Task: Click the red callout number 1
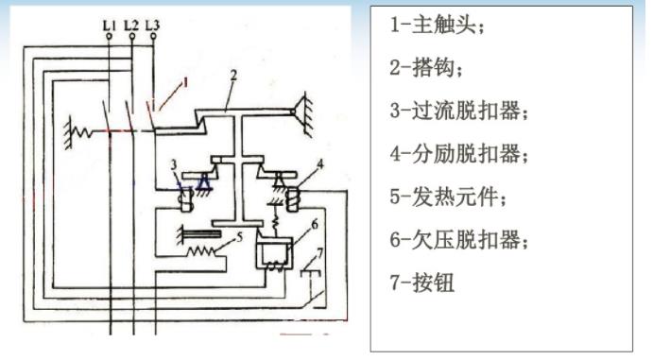pos(185,82)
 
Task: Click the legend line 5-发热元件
pos(448,197)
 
